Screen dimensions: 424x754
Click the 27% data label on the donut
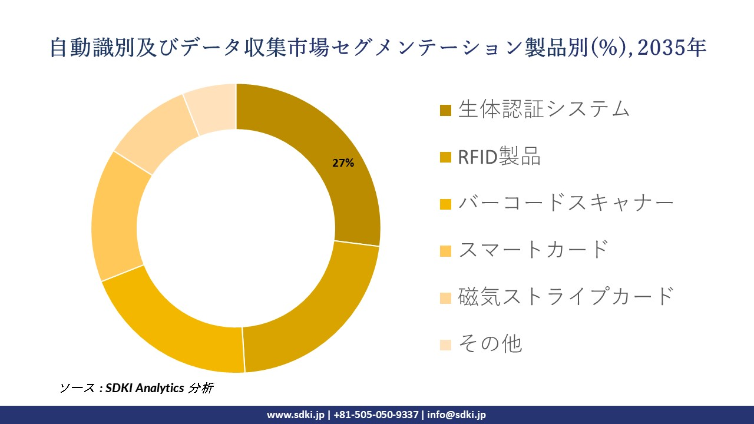click(x=343, y=164)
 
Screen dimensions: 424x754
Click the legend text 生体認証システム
click(x=544, y=109)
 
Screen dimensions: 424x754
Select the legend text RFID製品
click(x=499, y=156)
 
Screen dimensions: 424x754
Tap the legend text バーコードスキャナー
click(x=565, y=203)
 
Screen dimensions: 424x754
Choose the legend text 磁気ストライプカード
click(x=565, y=296)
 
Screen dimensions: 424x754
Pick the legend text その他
click(x=490, y=343)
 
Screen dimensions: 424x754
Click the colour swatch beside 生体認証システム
click(x=446, y=110)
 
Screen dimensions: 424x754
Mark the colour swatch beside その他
click(x=446, y=344)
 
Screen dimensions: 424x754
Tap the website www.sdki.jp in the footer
click(x=296, y=415)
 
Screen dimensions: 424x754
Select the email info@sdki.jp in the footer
click(x=457, y=415)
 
